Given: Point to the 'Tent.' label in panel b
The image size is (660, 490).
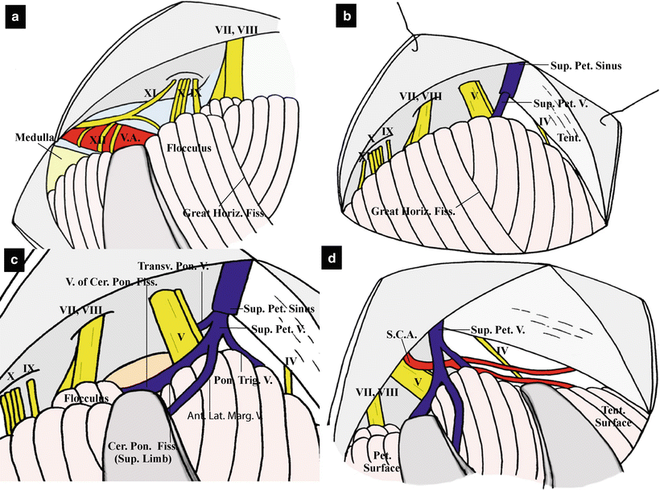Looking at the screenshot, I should point(572,138).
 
